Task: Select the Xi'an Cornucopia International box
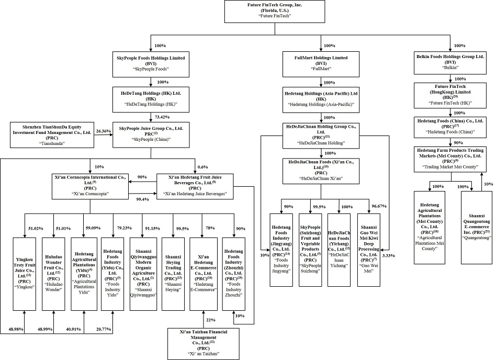[89, 186]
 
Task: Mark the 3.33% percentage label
[389, 255]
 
